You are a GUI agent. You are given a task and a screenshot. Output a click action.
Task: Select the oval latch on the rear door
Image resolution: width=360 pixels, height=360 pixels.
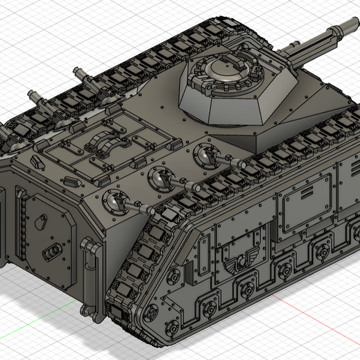click(x=50, y=250)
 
